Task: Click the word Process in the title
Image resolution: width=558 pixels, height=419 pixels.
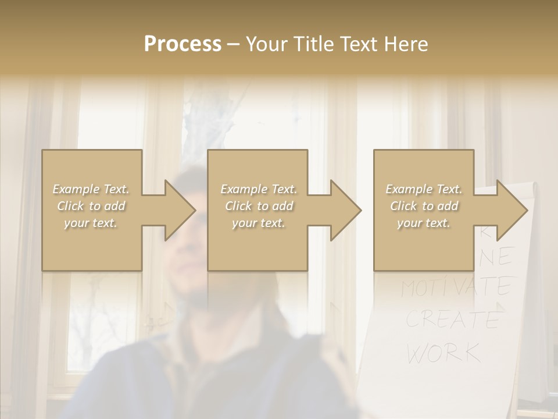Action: [183, 44]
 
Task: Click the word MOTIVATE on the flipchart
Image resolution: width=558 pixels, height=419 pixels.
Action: [457, 286]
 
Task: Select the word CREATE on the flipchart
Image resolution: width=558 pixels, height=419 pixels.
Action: [452, 319]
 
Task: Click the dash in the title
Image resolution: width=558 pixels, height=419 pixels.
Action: [234, 44]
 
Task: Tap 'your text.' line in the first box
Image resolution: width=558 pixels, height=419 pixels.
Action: [91, 223]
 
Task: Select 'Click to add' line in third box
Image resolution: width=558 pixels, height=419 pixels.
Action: [424, 206]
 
